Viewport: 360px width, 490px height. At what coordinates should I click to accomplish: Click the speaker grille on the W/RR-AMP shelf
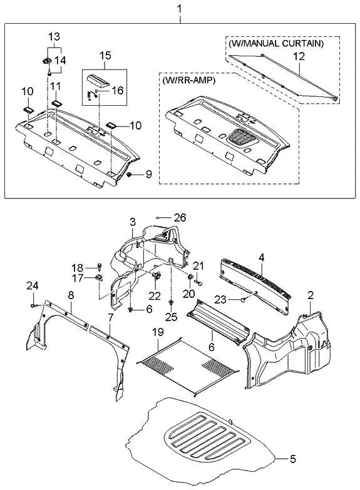point(239,138)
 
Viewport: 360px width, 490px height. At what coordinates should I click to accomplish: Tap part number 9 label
point(148,175)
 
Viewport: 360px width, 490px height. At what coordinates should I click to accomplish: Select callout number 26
point(180,218)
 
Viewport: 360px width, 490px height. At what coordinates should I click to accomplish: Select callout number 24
point(31,287)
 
